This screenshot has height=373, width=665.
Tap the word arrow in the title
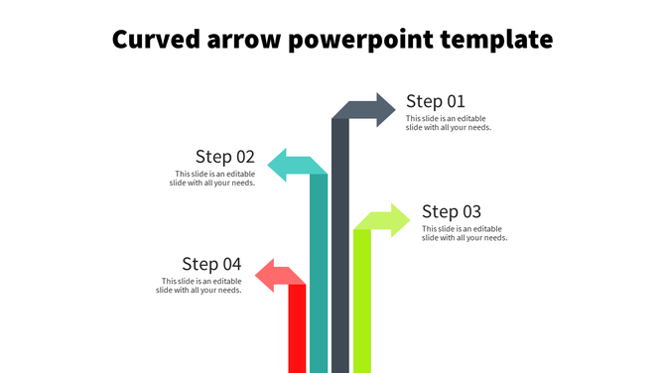[237, 41]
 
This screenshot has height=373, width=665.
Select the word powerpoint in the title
[357, 42]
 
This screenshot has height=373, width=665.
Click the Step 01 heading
[435, 101]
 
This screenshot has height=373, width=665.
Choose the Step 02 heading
[225, 157]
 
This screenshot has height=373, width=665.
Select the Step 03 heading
[451, 211]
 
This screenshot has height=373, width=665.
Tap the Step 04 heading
[211, 264]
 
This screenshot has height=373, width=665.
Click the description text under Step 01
[449, 123]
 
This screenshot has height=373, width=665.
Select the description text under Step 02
[212, 179]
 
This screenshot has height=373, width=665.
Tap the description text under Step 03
[465, 233]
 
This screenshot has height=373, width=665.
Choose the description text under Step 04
[199, 286]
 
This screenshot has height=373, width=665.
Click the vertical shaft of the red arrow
[297, 332]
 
